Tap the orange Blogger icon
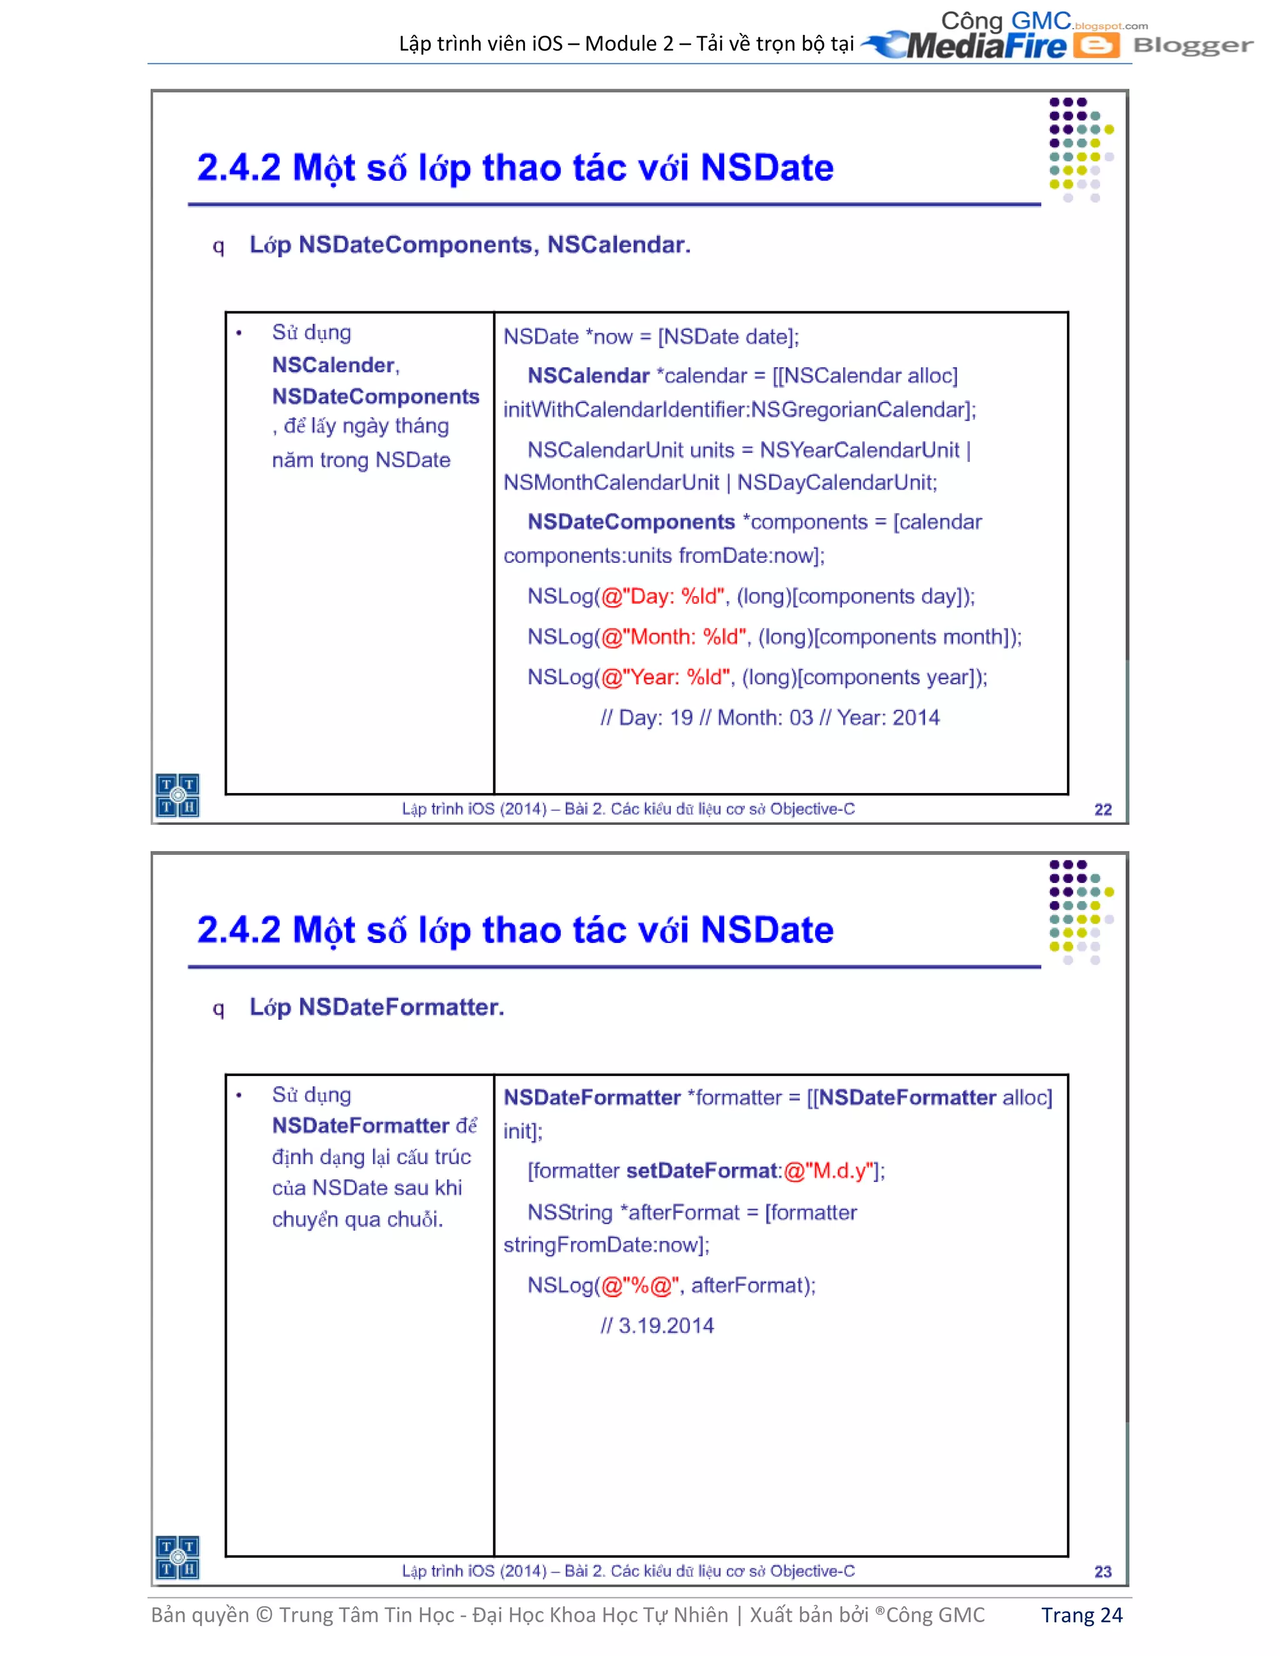click(1096, 46)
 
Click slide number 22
click(1102, 810)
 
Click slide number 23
click(1102, 1572)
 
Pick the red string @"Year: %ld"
click(666, 677)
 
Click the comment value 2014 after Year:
click(916, 717)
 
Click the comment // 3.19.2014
click(657, 1325)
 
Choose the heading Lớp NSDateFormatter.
click(377, 1007)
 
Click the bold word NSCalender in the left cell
click(334, 366)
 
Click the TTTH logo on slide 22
click(177, 795)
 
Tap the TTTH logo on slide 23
click(177, 1557)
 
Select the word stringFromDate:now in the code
click(604, 1245)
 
